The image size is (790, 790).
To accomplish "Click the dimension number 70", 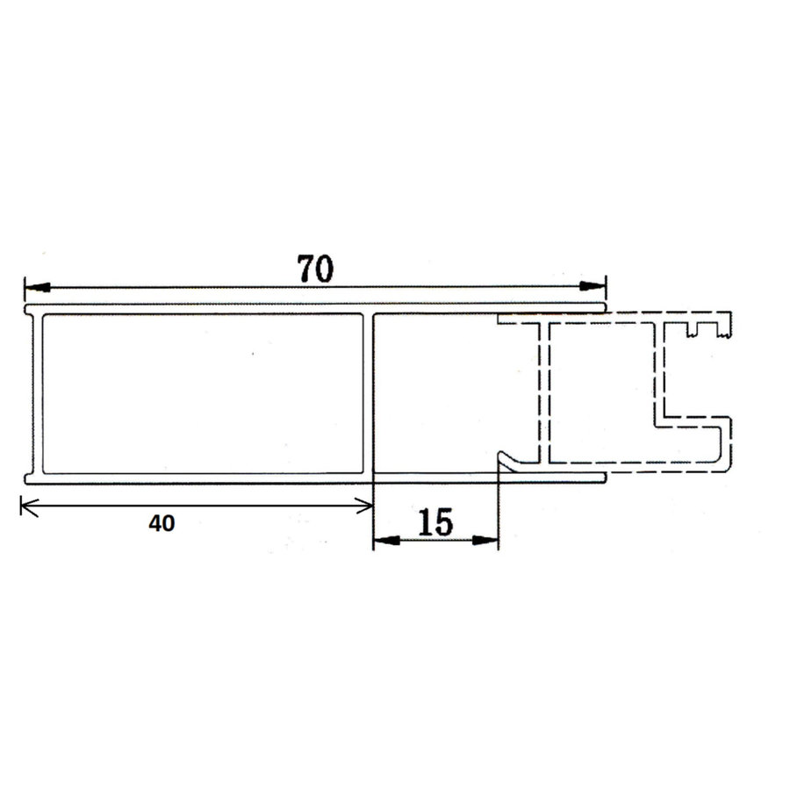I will (x=315, y=269).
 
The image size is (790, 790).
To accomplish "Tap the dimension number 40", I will (x=162, y=524).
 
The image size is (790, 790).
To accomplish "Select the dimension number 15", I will (x=434, y=523).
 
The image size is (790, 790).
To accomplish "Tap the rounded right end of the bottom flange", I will (x=604, y=477).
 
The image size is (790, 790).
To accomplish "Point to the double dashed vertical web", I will (x=543, y=391).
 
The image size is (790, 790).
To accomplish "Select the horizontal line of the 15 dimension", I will (x=436, y=541).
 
